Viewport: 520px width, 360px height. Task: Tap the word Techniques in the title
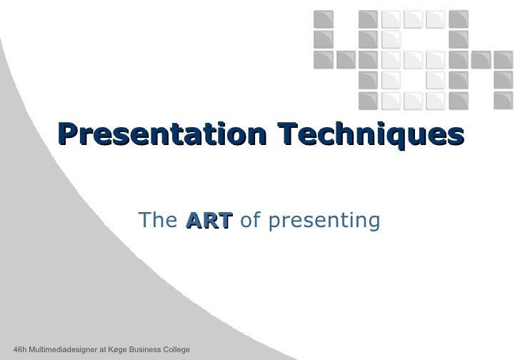click(x=371, y=134)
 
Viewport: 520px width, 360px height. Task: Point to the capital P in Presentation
click(x=69, y=134)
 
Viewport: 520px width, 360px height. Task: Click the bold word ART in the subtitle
click(x=209, y=222)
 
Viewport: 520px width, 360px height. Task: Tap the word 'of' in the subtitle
click(x=250, y=222)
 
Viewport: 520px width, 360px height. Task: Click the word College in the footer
click(x=174, y=349)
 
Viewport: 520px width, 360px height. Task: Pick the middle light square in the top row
click(x=413, y=17)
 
